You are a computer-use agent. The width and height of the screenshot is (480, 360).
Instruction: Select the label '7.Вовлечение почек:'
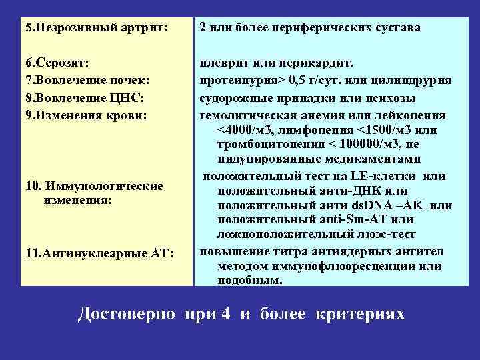pos(87,81)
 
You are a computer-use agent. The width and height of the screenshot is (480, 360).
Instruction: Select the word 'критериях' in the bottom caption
pos(360,313)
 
